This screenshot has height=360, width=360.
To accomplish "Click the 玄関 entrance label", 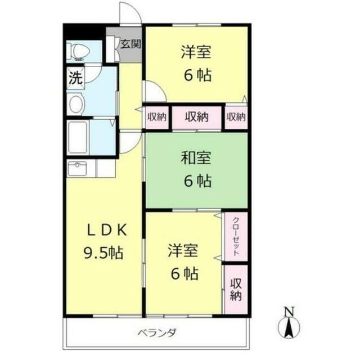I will click(x=130, y=43).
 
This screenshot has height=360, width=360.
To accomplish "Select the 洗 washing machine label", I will click(x=75, y=78).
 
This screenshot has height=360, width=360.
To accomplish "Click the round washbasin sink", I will click(x=76, y=103).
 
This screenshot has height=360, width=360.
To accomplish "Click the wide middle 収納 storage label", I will click(x=196, y=117).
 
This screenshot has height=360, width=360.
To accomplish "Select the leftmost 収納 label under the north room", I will click(x=157, y=117).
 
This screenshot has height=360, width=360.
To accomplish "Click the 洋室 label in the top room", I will click(x=196, y=53).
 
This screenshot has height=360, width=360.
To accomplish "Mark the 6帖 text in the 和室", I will click(x=196, y=181).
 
